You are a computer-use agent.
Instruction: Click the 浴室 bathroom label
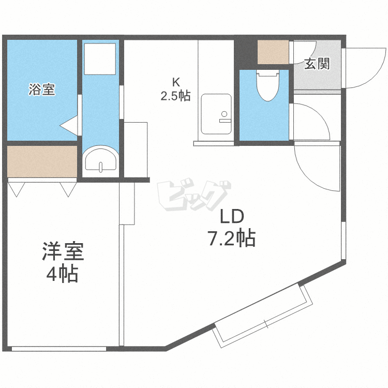pyautogui.click(x=42, y=90)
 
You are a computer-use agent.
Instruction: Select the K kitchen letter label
pyautogui.click(x=176, y=81)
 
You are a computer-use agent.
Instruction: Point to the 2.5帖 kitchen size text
pyautogui.click(x=176, y=95)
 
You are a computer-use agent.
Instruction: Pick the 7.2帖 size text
pyautogui.click(x=231, y=238)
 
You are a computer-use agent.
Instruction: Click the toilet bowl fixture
pyautogui.click(x=267, y=85)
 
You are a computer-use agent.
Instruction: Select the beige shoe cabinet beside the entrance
pyautogui.click(x=274, y=52)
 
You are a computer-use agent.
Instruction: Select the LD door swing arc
pyautogui.click(x=314, y=166)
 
